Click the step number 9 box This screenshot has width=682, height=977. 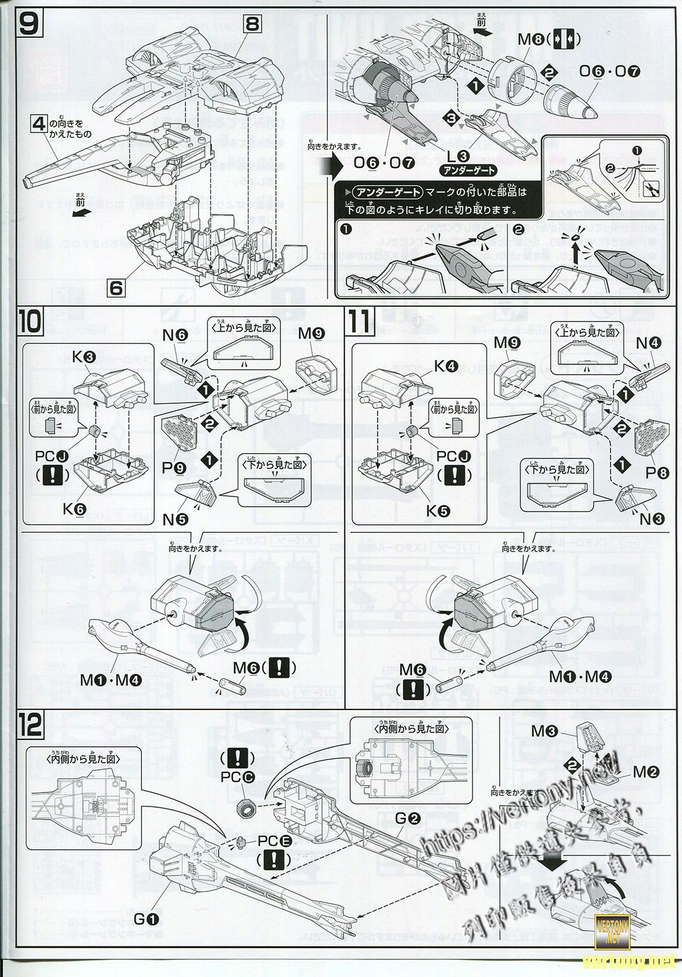(27, 26)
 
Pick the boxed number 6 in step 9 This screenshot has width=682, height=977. (116, 287)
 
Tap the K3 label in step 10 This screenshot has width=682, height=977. (87, 358)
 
